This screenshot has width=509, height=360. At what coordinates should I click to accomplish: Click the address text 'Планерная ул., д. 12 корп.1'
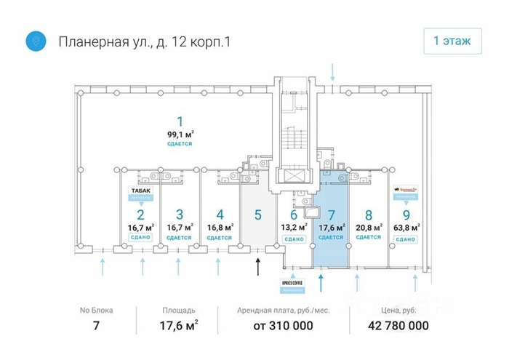pyautogui.click(x=145, y=42)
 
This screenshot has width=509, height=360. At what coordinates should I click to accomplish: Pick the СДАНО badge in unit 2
pyautogui.click(x=140, y=238)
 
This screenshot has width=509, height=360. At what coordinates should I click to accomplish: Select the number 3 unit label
pyautogui.click(x=180, y=215)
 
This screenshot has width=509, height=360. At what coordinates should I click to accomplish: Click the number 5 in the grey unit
pyautogui.click(x=258, y=215)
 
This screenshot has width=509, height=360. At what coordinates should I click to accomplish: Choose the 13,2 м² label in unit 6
pyautogui.click(x=294, y=227)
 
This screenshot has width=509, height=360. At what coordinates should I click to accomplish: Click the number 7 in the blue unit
pyautogui.click(x=331, y=215)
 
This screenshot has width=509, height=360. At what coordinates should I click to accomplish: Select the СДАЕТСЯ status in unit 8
pyautogui.click(x=369, y=237)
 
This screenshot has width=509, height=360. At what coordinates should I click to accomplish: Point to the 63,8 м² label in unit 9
pyautogui.click(x=406, y=227)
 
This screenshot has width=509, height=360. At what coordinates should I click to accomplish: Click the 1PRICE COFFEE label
pyautogui.click(x=294, y=281)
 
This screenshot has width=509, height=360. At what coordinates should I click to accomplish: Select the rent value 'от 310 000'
pyautogui.click(x=284, y=326)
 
